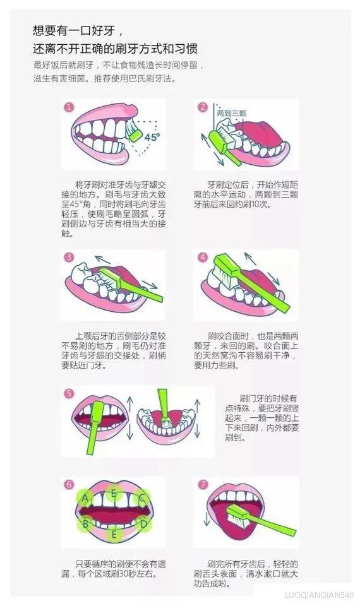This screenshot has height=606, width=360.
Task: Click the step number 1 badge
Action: coord(69,107)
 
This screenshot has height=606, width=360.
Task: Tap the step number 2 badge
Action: coord(203,107)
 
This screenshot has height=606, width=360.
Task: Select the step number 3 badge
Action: coord(69,257)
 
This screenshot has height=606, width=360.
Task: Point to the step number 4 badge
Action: coord(203,257)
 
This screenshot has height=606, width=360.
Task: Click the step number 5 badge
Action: coord(69,393)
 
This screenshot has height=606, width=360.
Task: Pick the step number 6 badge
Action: coord(69,484)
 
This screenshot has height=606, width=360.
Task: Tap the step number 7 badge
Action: coord(203,484)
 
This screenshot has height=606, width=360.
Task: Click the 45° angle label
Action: coord(152,136)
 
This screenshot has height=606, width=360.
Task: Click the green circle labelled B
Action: coord(84,523)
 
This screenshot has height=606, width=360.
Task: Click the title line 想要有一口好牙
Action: coord(75,30)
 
